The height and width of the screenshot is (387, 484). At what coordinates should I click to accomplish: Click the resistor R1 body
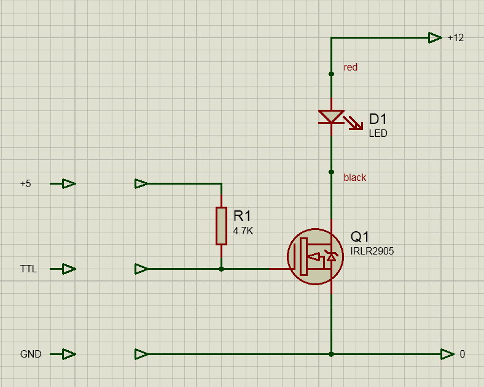[221, 226]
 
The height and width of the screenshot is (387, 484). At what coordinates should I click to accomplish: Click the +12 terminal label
[456, 37]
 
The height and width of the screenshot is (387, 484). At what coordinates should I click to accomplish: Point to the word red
[351, 67]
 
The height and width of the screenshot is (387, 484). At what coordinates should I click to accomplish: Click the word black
[355, 178]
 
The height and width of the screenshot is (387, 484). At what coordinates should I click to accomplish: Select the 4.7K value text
[243, 231]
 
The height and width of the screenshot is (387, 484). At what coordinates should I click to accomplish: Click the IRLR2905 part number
[372, 251]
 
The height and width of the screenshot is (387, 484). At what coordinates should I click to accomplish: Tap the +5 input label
[26, 183]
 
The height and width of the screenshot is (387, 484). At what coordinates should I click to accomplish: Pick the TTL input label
[28, 269]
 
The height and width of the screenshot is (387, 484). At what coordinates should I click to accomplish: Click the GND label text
[31, 354]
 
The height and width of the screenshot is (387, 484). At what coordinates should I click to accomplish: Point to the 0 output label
[463, 354]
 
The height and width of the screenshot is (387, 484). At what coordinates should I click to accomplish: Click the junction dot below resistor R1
[221, 269]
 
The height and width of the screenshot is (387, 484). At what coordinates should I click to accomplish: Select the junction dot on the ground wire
[331, 354]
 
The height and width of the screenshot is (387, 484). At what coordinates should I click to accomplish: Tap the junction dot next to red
[331, 74]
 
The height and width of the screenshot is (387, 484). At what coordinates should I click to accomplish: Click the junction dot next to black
[331, 172]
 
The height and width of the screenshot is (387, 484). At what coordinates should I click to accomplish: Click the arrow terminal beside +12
[435, 37]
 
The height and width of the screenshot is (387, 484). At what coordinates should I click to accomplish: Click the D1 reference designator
[378, 120]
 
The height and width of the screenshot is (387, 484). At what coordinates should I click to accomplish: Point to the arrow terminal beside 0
[447, 354]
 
